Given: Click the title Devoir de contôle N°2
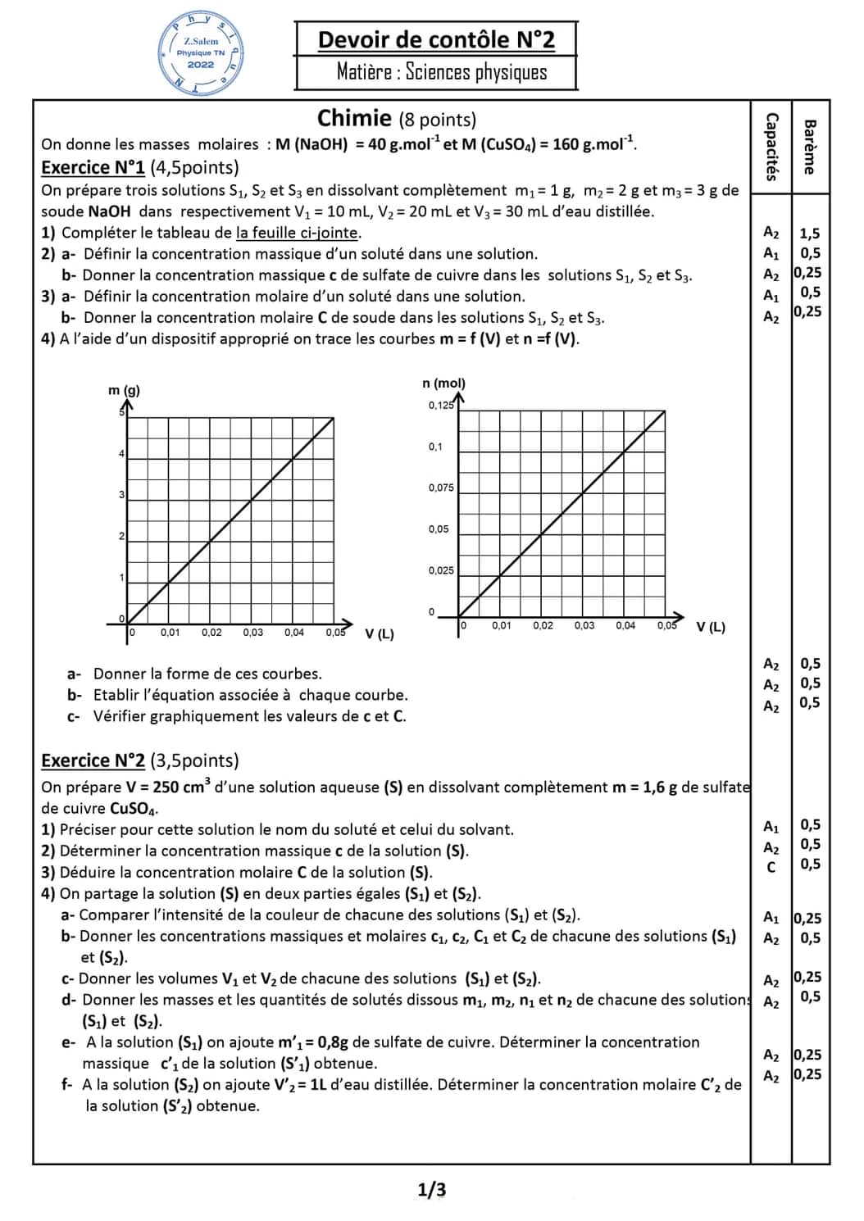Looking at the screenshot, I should pos(436,40).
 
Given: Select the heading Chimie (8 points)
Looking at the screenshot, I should pos(397,119).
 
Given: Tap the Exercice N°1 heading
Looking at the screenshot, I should pos(93,167).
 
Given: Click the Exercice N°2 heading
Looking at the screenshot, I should pos(93,760).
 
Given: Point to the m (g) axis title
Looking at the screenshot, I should pos(124,390).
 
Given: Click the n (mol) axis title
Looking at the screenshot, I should pos(443,383).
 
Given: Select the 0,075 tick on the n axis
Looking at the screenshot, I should pos(440,488).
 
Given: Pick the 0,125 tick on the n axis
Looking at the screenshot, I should pos(440,405).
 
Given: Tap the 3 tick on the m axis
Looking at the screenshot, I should pos(121,495).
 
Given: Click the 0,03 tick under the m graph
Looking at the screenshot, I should pos(252,633).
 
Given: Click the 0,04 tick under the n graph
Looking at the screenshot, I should pos(625,625).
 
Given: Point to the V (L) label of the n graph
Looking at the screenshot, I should pos(711,628).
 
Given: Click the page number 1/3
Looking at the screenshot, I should pos(432,1190).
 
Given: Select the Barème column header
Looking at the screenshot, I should pos(810,147).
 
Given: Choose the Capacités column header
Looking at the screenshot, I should pos(771,146).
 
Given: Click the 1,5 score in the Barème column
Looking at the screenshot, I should pos(810,234).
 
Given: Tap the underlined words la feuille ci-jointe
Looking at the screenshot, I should pos(298,233).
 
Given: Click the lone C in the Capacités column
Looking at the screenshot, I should pos(771,867).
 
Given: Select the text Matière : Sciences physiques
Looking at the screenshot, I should pos(441,72).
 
